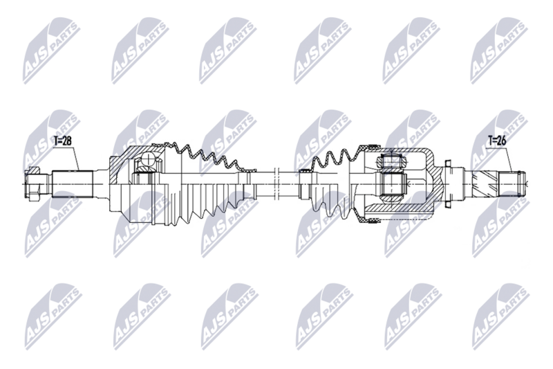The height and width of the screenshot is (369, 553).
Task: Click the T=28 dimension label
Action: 63,141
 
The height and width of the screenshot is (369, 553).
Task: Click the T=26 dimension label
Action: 496,141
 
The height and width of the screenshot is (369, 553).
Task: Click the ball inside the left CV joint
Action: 147,163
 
